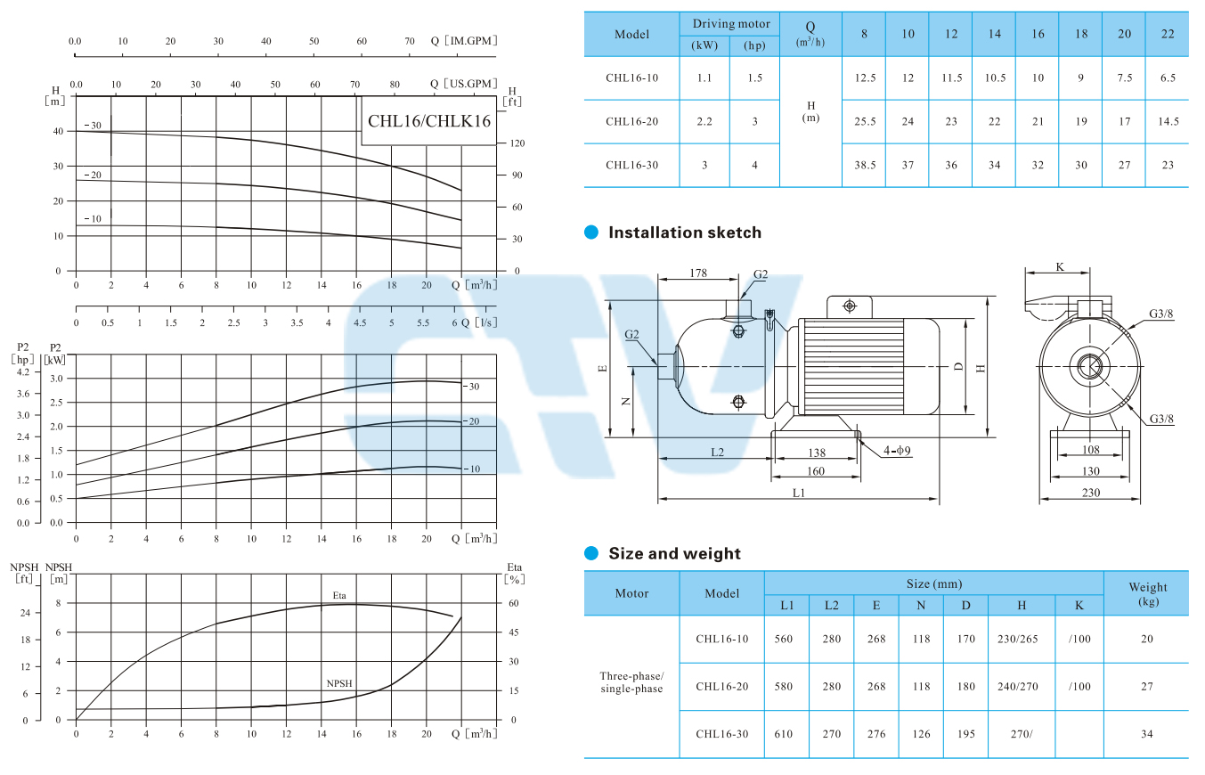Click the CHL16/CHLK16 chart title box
point(428,120)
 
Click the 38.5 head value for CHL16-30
point(865,165)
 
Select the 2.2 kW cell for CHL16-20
point(704,122)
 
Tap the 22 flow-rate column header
point(1168,34)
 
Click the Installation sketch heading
point(685,232)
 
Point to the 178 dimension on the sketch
point(698,273)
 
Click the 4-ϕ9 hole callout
point(897,451)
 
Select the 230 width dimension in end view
point(1090,493)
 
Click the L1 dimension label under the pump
point(798,493)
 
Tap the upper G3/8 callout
point(1160,314)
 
